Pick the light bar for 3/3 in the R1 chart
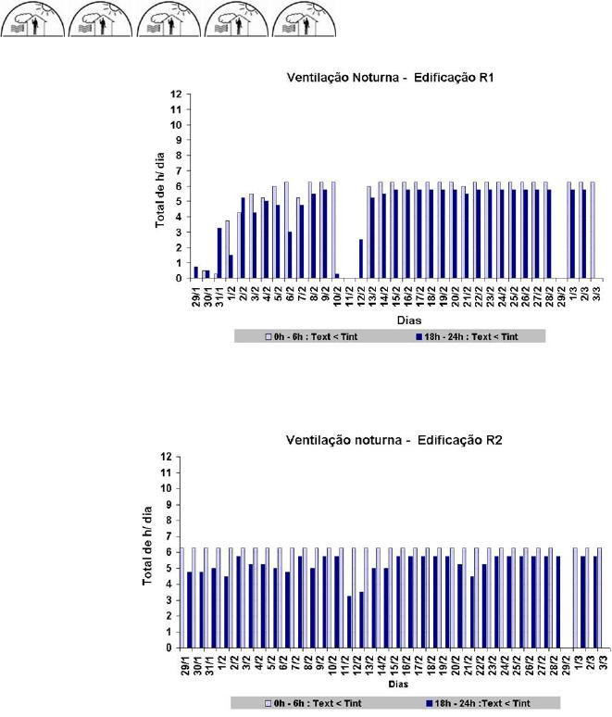coord(592,230)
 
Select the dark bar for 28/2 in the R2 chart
coord(558,602)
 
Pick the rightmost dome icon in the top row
coord(306,19)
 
